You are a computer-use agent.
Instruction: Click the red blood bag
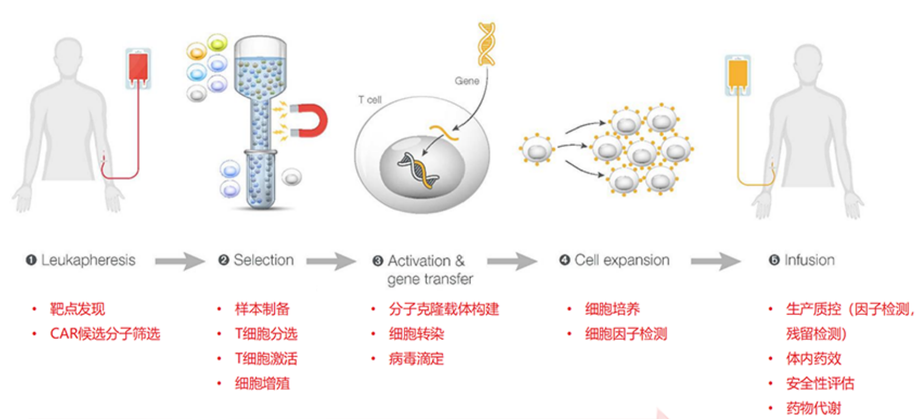138,68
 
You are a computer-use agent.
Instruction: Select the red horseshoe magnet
310,121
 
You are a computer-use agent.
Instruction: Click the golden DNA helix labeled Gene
487,44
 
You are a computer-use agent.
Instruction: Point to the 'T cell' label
370,100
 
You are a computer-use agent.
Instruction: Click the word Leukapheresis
88,260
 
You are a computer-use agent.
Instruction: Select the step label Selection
264,260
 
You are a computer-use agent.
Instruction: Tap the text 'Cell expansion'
622,260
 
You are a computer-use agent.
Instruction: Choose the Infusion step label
809,260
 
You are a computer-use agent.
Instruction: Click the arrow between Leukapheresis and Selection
180,261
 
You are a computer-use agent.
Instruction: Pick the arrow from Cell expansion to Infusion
716,261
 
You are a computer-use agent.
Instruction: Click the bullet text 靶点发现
77,309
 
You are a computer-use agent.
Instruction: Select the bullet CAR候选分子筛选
105,333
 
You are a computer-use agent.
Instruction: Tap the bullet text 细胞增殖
262,383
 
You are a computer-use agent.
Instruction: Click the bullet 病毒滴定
416,358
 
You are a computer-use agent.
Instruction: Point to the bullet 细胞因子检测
626,333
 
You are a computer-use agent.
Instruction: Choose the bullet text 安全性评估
820,383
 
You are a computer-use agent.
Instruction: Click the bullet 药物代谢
814,408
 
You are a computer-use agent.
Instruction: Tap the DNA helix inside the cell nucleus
418,170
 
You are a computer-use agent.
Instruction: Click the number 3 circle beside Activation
378,261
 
